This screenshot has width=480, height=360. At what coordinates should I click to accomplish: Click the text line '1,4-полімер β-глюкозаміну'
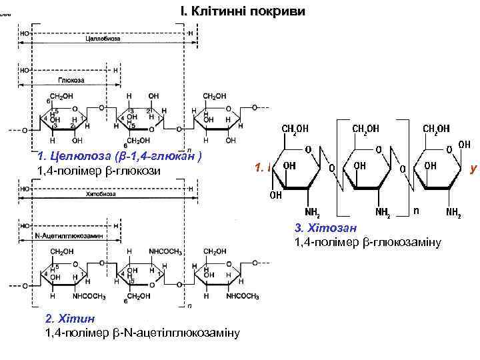coord(368,241)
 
